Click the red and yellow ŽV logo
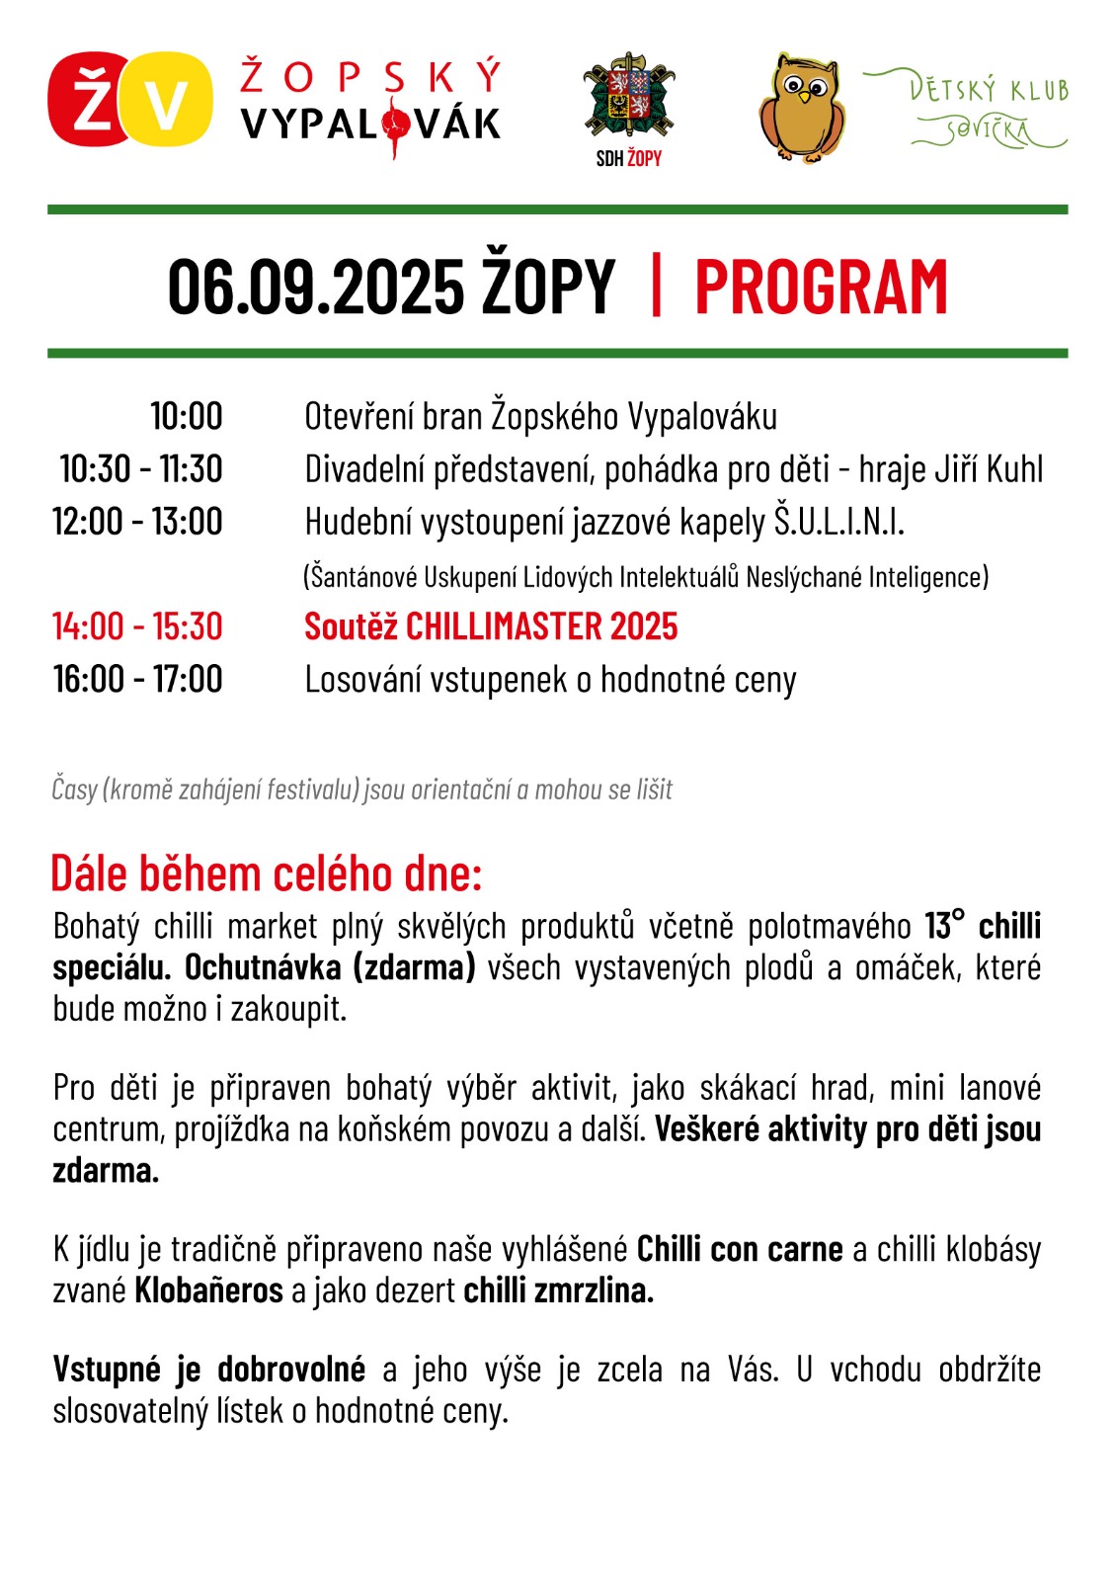point(130,100)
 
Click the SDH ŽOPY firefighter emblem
point(628,99)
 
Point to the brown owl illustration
point(802,109)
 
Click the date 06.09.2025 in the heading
point(315,288)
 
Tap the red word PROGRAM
point(821,288)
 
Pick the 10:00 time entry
point(186,416)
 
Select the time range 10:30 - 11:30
point(140,468)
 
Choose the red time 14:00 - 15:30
point(137,626)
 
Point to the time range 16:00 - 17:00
point(137,679)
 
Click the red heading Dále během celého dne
point(266,874)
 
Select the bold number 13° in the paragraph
point(944,925)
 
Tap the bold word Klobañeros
point(208,1290)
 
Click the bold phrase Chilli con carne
point(740,1249)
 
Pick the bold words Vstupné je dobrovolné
point(208,1370)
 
